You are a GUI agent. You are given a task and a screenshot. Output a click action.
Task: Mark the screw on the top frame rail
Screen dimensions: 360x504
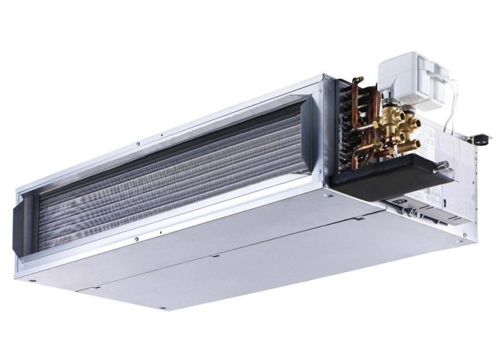[137, 143]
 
